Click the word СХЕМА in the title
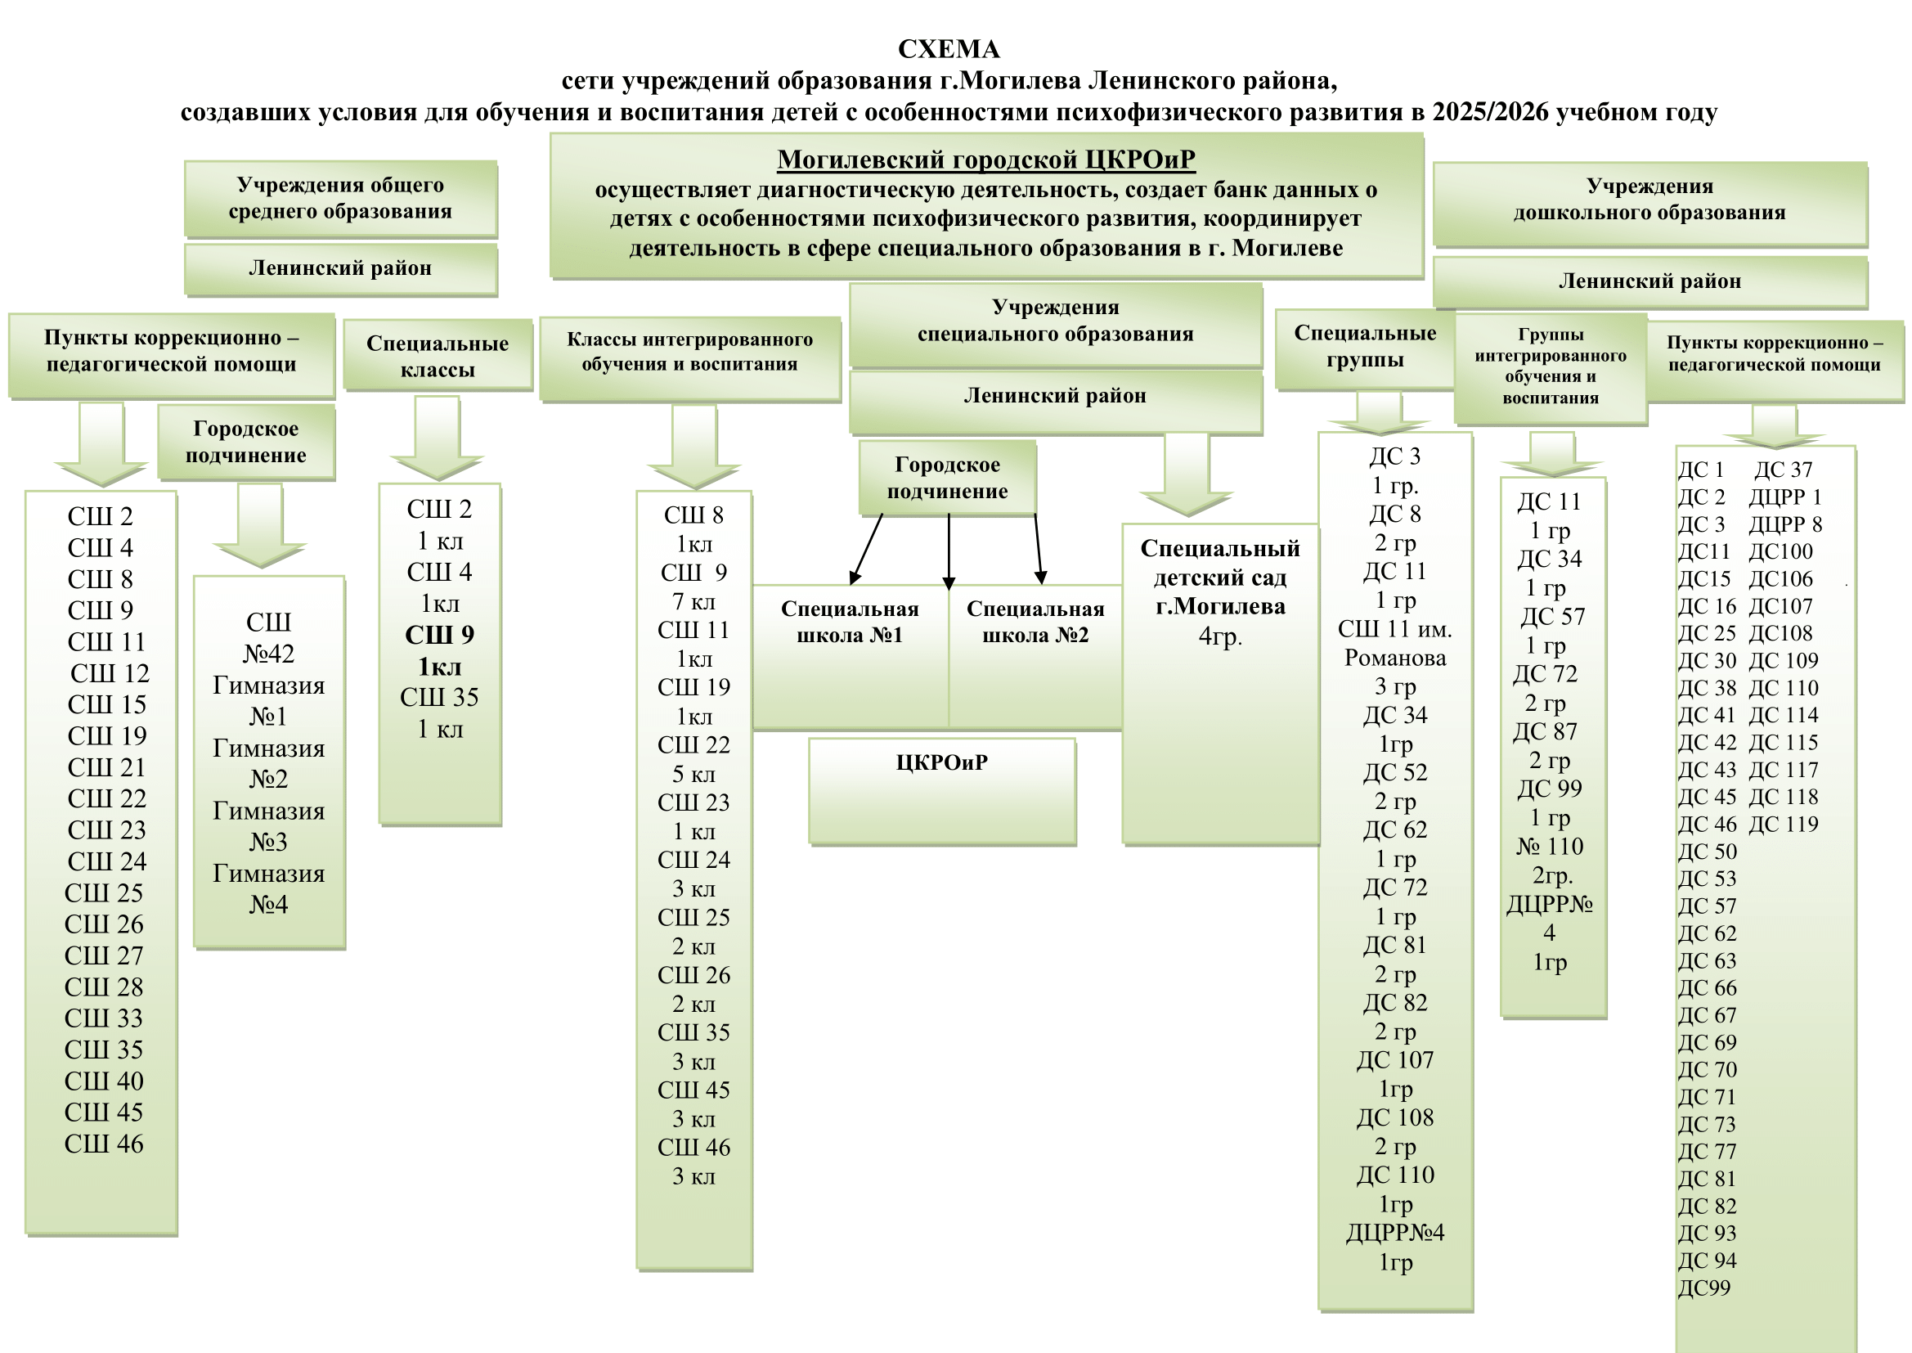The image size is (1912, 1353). pos(949,50)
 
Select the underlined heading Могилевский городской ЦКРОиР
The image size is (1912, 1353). pos(986,160)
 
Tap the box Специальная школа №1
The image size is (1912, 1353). pos(850,623)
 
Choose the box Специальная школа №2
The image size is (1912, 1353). pos(1035,623)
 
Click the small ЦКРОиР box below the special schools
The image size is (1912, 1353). pos(942,763)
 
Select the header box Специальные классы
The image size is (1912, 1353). pos(438,356)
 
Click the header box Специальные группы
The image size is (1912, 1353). pos(1365,347)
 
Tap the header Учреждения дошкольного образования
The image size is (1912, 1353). pos(1649,199)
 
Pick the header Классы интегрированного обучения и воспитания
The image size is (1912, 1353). pos(689,352)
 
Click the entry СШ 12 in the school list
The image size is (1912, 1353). pos(109,673)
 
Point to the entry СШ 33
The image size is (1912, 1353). pos(104,1018)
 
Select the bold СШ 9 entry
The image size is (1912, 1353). pos(439,636)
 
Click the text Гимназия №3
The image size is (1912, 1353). pos(268,825)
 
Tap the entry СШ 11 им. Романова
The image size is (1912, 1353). pos(1395,643)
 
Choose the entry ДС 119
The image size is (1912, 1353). pos(1783,824)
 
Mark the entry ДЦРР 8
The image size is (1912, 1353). pos(1784,524)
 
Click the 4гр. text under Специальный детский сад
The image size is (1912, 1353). pos(1220,636)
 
